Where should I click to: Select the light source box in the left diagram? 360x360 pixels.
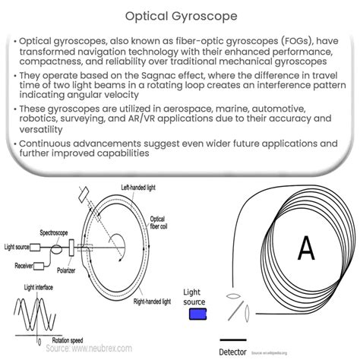[43, 247]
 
